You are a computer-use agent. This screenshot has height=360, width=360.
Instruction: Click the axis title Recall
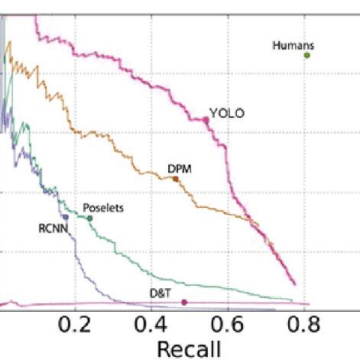click(190, 349)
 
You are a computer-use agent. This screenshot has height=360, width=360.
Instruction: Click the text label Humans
click(294, 45)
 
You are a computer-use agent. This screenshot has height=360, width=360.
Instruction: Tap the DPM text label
click(179, 168)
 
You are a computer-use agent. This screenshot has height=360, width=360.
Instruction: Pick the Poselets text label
click(103, 207)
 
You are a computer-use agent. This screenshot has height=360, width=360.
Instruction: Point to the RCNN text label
click(54, 227)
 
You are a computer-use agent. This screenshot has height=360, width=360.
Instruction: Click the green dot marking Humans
click(307, 55)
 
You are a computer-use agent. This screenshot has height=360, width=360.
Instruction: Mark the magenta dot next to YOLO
click(206, 119)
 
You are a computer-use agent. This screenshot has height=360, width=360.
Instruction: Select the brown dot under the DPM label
click(175, 179)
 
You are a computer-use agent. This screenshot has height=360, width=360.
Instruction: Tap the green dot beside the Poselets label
click(90, 219)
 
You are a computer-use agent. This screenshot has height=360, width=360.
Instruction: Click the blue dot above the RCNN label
click(66, 217)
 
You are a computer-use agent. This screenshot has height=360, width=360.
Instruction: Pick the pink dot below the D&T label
click(183, 303)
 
